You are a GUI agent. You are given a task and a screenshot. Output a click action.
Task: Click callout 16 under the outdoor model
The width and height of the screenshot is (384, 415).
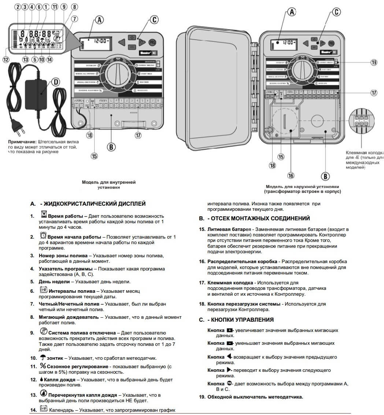pos(291,176)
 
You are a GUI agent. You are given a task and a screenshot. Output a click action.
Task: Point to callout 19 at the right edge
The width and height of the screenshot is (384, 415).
pos(373,63)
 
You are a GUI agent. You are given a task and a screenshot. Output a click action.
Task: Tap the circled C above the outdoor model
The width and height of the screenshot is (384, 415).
pos(337,12)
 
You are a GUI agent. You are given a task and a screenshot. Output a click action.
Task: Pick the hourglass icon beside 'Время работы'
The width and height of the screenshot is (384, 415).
pos(44,215)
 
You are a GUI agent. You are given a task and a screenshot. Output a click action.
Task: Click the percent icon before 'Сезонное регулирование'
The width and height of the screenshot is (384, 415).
pos(43,366)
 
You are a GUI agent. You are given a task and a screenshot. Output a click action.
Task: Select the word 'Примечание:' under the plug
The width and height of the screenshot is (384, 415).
pos(22,141)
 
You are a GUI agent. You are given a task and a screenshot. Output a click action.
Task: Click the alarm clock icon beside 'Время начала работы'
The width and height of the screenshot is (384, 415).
pos(44,236)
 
